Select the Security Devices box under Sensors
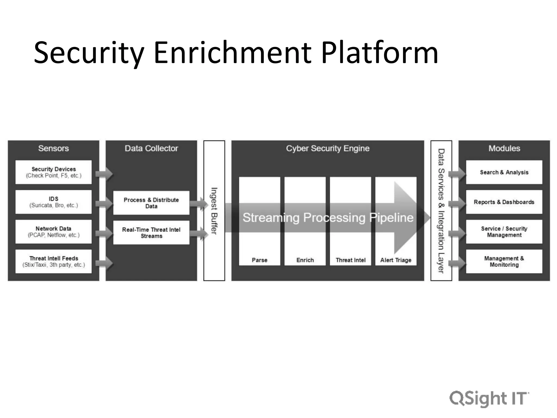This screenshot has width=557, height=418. pos(54,172)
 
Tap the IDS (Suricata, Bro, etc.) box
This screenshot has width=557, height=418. pos(54,202)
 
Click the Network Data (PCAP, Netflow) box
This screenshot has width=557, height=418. pos(54,232)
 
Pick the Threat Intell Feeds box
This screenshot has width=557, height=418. pos(54,261)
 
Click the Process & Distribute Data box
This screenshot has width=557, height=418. pos(151,203)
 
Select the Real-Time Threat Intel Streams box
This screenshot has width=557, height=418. pos(151,233)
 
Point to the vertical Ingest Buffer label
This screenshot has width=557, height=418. pos(214,211)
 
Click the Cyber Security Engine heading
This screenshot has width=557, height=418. pos(327,148)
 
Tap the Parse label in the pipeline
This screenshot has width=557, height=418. pos(259,260)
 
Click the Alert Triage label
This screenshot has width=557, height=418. pos(396,260)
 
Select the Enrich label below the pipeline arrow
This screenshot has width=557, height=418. pos(305,260)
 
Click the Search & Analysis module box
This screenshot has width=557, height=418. pos(504,172)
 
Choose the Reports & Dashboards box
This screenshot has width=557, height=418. pos(504,202)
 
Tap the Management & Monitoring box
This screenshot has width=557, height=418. pos(504,261)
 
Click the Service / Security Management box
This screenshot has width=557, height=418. pos(504,232)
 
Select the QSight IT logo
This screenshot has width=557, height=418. pos(489,399)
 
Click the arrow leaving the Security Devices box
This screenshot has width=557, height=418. pos(104,174)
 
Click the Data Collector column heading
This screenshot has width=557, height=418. pos(151,148)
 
